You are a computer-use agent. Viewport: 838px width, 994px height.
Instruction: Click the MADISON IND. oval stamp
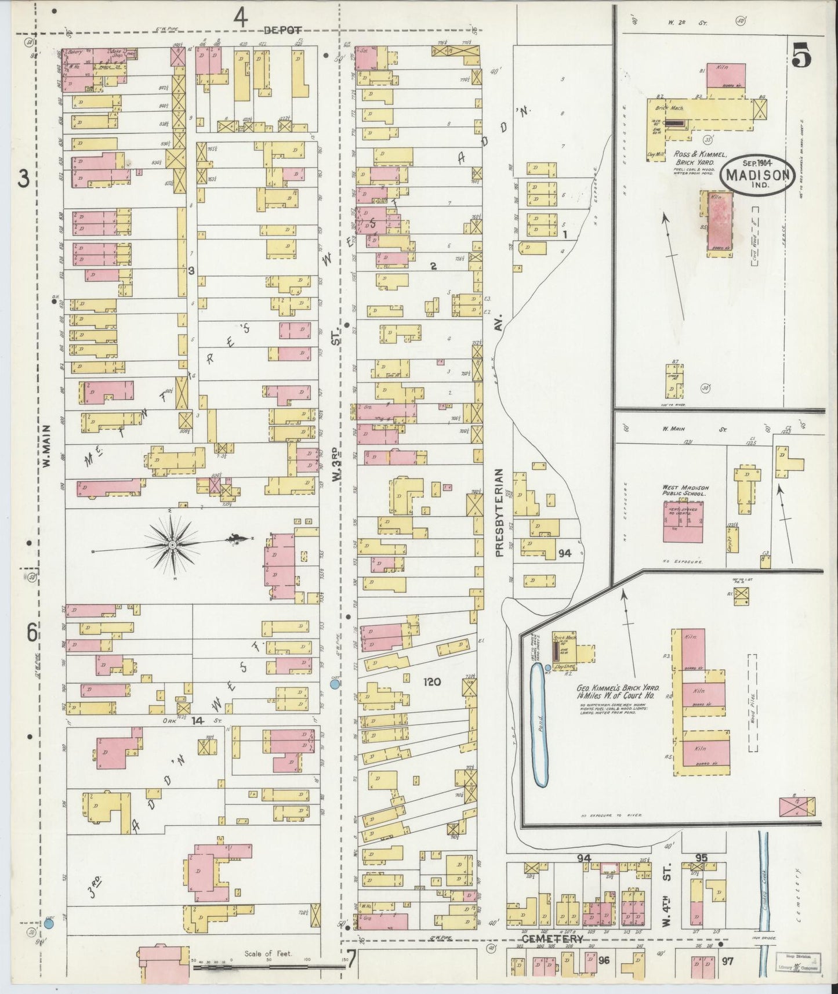[x=757, y=175]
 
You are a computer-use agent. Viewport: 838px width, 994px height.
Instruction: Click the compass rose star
[x=172, y=545]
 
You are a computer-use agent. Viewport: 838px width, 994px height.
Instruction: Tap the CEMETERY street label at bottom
[x=552, y=938]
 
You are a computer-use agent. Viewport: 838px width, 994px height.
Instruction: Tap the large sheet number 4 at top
[x=241, y=19]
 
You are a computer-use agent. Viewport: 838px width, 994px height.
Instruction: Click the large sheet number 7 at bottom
[x=351, y=957]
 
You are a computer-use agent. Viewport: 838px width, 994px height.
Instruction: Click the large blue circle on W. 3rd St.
[x=335, y=684]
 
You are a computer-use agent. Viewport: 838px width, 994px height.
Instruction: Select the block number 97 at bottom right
[x=727, y=961]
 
